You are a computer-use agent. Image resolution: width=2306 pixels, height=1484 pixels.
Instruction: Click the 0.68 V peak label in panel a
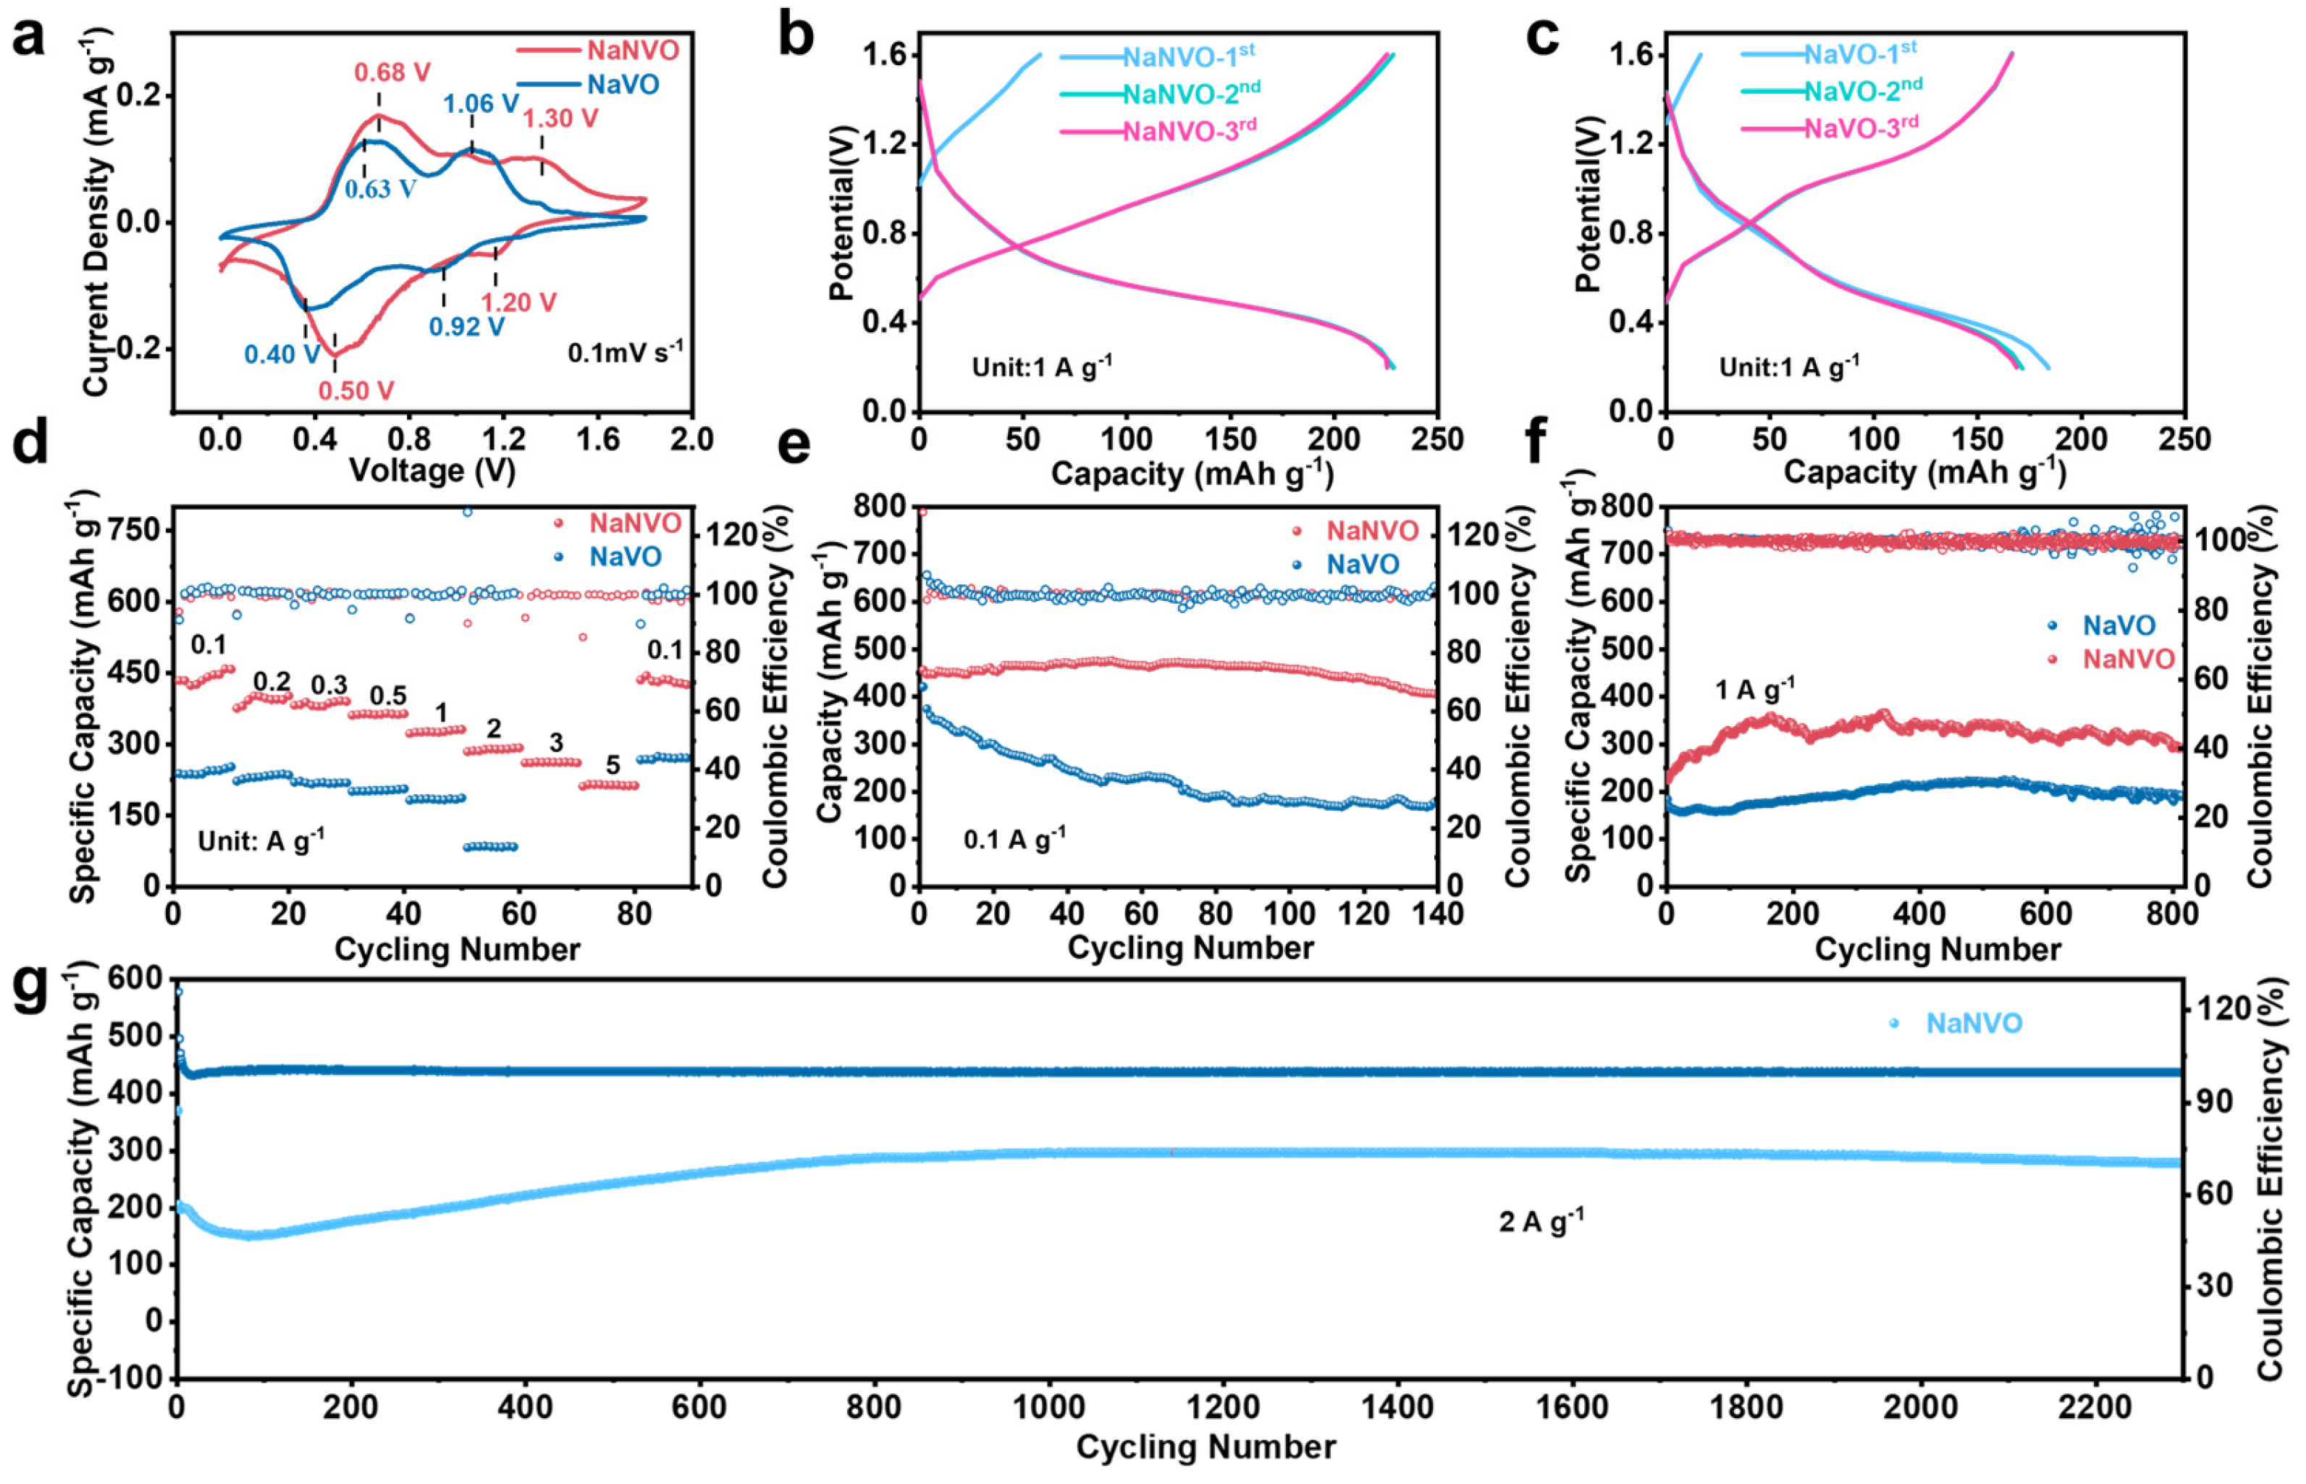click(x=392, y=72)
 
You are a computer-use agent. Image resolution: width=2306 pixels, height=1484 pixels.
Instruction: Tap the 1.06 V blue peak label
click(x=481, y=103)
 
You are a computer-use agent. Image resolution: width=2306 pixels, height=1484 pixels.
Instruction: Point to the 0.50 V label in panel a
click(x=355, y=390)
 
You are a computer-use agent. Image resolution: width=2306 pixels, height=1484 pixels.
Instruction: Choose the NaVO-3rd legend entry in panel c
click(x=1860, y=128)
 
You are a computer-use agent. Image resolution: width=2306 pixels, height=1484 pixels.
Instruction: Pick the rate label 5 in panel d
click(x=613, y=765)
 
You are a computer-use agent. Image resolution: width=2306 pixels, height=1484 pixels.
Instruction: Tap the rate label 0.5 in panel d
click(x=388, y=696)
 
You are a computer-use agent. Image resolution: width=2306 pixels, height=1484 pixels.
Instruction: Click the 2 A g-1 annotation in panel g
click(x=1540, y=1222)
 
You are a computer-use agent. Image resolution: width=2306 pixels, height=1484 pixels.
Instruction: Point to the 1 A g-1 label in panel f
click(x=1755, y=690)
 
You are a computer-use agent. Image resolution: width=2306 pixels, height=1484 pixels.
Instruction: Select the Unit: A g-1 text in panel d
click(x=260, y=841)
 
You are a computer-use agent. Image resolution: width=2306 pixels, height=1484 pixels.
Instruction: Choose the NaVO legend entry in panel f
click(x=2118, y=625)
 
